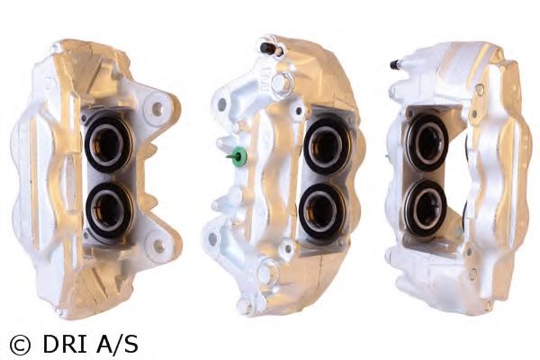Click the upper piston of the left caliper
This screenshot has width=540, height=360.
[x=109, y=143]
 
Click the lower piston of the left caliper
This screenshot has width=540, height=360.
[x=110, y=211]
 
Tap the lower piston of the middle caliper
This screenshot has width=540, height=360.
[x=322, y=211]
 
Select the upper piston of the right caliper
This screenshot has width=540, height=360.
[x=427, y=142]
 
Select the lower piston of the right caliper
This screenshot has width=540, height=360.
[x=426, y=208]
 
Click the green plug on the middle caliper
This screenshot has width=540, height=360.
[x=238, y=156]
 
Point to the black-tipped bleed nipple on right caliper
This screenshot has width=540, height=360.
[x=396, y=65]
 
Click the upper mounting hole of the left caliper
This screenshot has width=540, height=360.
[x=157, y=109]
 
